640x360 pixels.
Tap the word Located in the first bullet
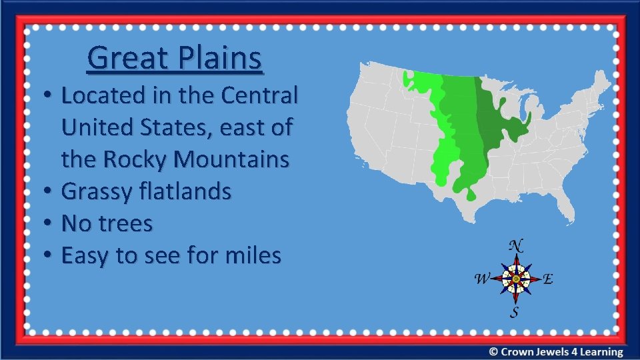point(103,96)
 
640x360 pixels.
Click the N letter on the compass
point(515,245)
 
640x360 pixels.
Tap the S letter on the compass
point(515,311)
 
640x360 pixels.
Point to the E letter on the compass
point(547,279)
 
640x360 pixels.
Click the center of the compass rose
point(515,279)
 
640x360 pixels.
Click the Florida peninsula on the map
point(565,207)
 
